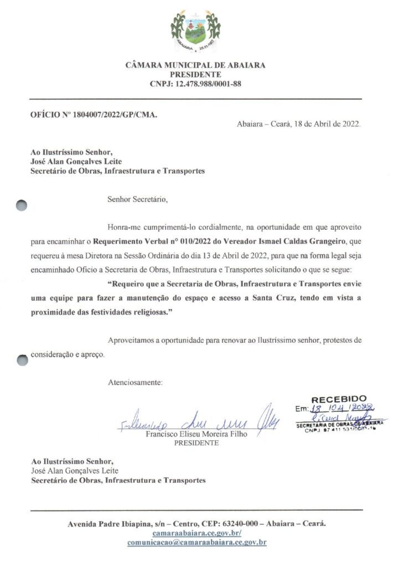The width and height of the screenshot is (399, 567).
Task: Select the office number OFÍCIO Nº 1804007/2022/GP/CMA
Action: point(94,115)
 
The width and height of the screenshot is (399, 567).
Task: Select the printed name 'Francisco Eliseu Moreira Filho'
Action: point(196,435)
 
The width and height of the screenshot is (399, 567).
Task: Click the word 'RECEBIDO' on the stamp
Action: point(339,399)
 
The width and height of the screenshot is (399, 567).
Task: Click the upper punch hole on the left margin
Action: point(22,205)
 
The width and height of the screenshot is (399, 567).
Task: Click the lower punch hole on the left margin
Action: point(22,359)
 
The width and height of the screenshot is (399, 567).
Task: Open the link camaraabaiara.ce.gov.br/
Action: point(196,533)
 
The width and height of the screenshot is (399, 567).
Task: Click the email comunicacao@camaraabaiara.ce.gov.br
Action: point(196,542)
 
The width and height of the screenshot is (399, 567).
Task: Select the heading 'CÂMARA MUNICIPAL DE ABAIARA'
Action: point(195,65)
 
